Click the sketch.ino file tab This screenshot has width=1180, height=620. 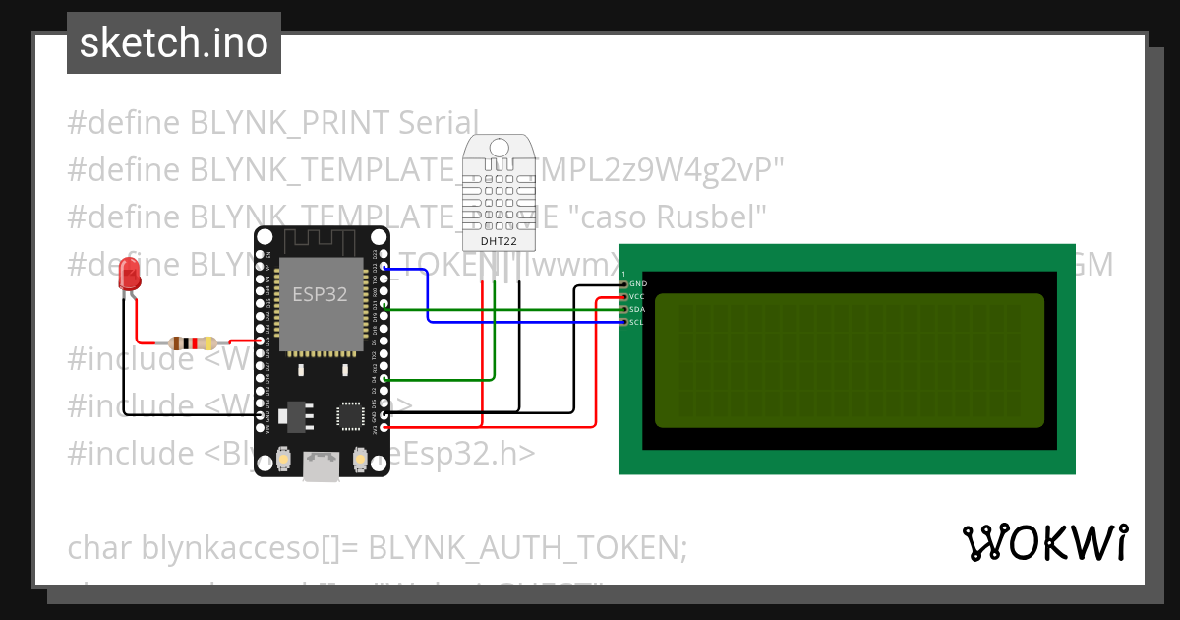[174, 43]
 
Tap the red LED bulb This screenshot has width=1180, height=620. [129, 275]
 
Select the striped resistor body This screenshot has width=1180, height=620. [193, 343]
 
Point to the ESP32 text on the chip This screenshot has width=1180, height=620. [320, 294]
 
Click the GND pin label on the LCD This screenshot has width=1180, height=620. [638, 283]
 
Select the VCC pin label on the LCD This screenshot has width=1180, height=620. [637, 296]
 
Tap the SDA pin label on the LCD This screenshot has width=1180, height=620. [637, 309]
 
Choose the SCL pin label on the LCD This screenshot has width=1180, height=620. [636, 322]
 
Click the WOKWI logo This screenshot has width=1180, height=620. [1044, 542]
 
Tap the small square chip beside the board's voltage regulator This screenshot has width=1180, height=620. [351, 415]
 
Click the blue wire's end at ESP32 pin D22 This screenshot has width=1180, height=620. [385, 268]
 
